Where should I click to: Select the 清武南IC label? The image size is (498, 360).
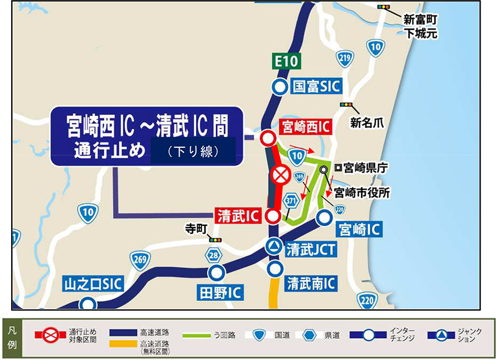coord(311,283)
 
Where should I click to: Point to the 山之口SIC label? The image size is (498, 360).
coord(93,283)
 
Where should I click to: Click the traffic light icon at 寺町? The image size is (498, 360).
coord(215,240)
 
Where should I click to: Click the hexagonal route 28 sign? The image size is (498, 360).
coord(214,256)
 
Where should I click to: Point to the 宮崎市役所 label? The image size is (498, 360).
coord(362,193)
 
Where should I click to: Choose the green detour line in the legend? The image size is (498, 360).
coord(201,335)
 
